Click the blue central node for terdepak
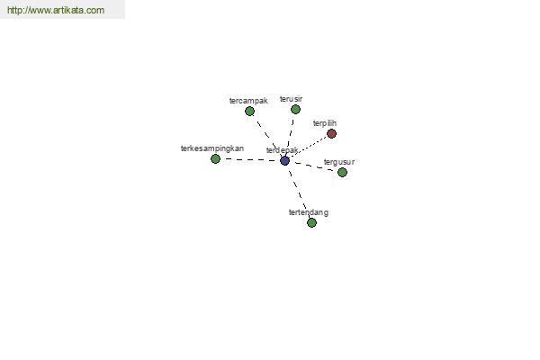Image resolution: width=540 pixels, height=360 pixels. pos(284,160)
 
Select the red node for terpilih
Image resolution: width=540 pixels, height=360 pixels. pos(331,134)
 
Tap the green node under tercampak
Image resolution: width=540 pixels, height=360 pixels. pos(249,112)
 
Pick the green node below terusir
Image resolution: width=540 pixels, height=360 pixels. pos(295,110)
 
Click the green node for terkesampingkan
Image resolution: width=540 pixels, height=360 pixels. pos(215,158)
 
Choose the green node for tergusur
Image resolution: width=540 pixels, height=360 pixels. pos(342,172)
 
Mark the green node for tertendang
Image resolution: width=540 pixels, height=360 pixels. pos(311,223)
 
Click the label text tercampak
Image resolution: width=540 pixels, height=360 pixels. pos(248,101)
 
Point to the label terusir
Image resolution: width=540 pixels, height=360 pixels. pos(291,99)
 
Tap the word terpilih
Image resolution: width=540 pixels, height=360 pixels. pos(325,123)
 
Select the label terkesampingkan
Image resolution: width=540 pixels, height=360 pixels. pos(212,148)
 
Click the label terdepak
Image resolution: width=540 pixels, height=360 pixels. pos(282,150)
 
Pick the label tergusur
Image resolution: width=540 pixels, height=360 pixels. pos(339,162)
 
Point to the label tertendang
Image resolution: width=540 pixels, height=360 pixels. pos(309,212)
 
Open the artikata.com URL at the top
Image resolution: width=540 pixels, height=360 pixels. pos(56,10)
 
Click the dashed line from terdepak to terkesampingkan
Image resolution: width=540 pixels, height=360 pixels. pos(250,160)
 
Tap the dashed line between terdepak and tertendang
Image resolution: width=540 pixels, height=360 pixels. pos(298,192)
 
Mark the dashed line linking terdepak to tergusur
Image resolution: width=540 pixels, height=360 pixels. pos(313,166)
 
